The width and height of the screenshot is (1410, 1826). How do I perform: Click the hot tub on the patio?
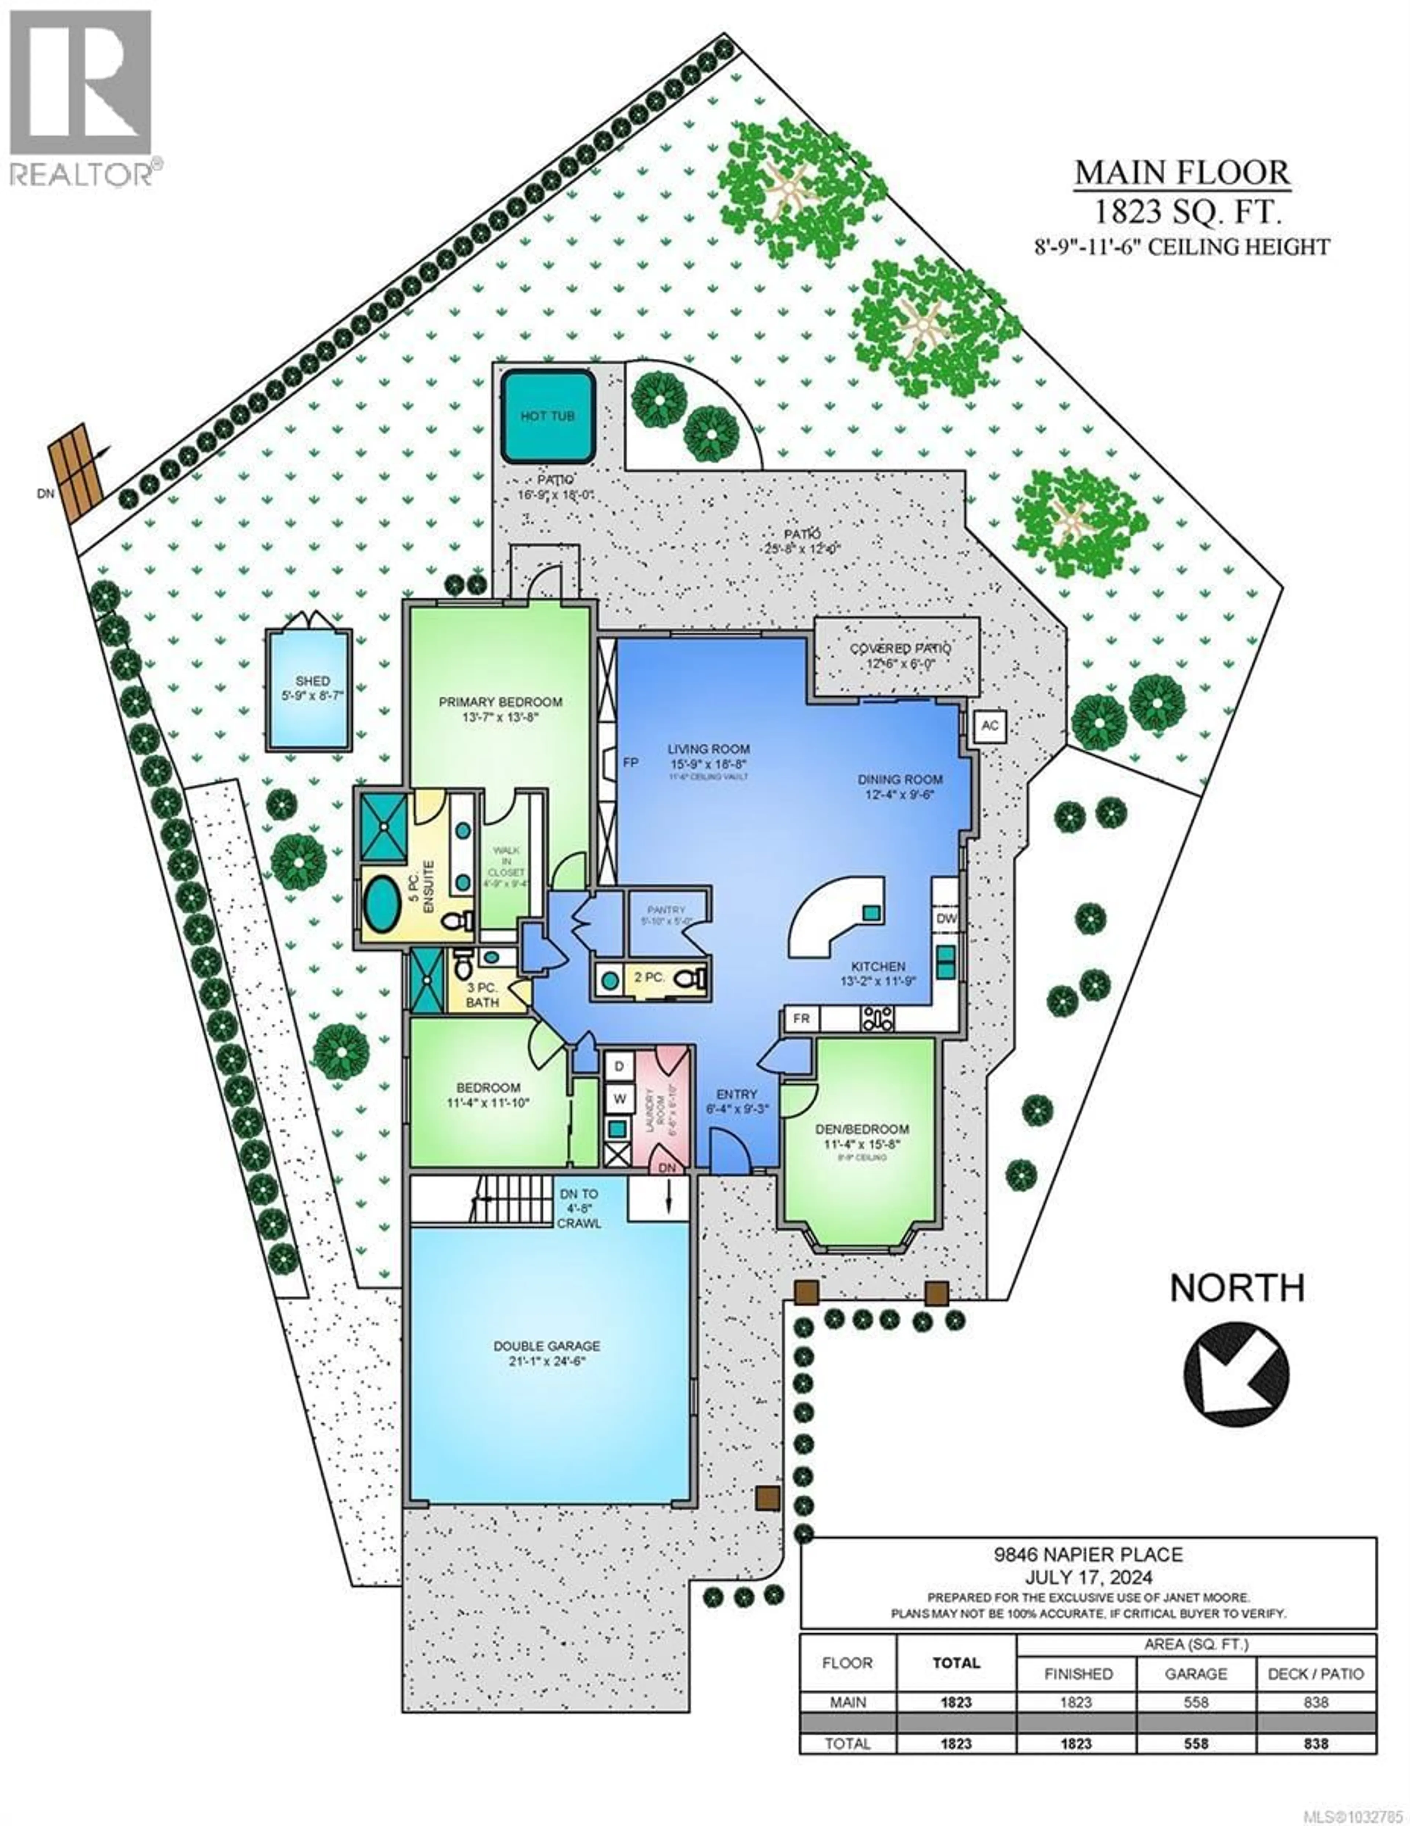click(548, 415)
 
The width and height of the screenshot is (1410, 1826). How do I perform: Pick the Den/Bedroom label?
click(862, 1129)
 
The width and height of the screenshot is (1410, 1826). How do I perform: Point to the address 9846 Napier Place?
click(1088, 1555)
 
